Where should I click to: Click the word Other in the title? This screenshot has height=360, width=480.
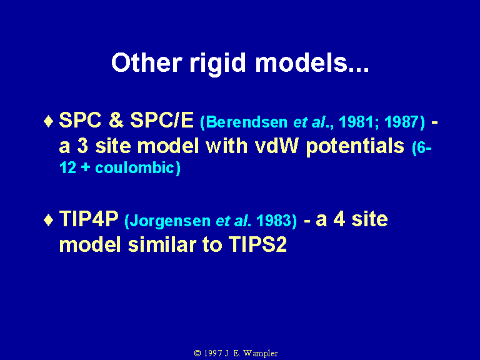pyautogui.click(x=146, y=62)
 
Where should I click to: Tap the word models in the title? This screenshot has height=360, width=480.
pyautogui.click(x=301, y=62)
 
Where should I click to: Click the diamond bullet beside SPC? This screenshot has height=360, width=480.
pyautogui.click(x=48, y=121)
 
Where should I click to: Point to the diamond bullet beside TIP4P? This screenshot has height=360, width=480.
pyautogui.click(x=48, y=220)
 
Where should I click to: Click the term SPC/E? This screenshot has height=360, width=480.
pyautogui.click(x=162, y=120)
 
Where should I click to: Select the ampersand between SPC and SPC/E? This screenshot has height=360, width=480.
pyautogui.click(x=116, y=120)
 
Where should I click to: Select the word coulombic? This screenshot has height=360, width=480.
pyautogui.click(x=135, y=167)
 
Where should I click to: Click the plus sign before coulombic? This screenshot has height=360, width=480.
pyautogui.click(x=86, y=168)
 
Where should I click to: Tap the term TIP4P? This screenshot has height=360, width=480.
pyautogui.click(x=89, y=219)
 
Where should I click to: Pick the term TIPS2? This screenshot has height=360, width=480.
pyautogui.click(x=257, y=244)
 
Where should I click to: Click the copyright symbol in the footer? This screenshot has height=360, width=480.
pyautogui.click(x=197, y=353)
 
